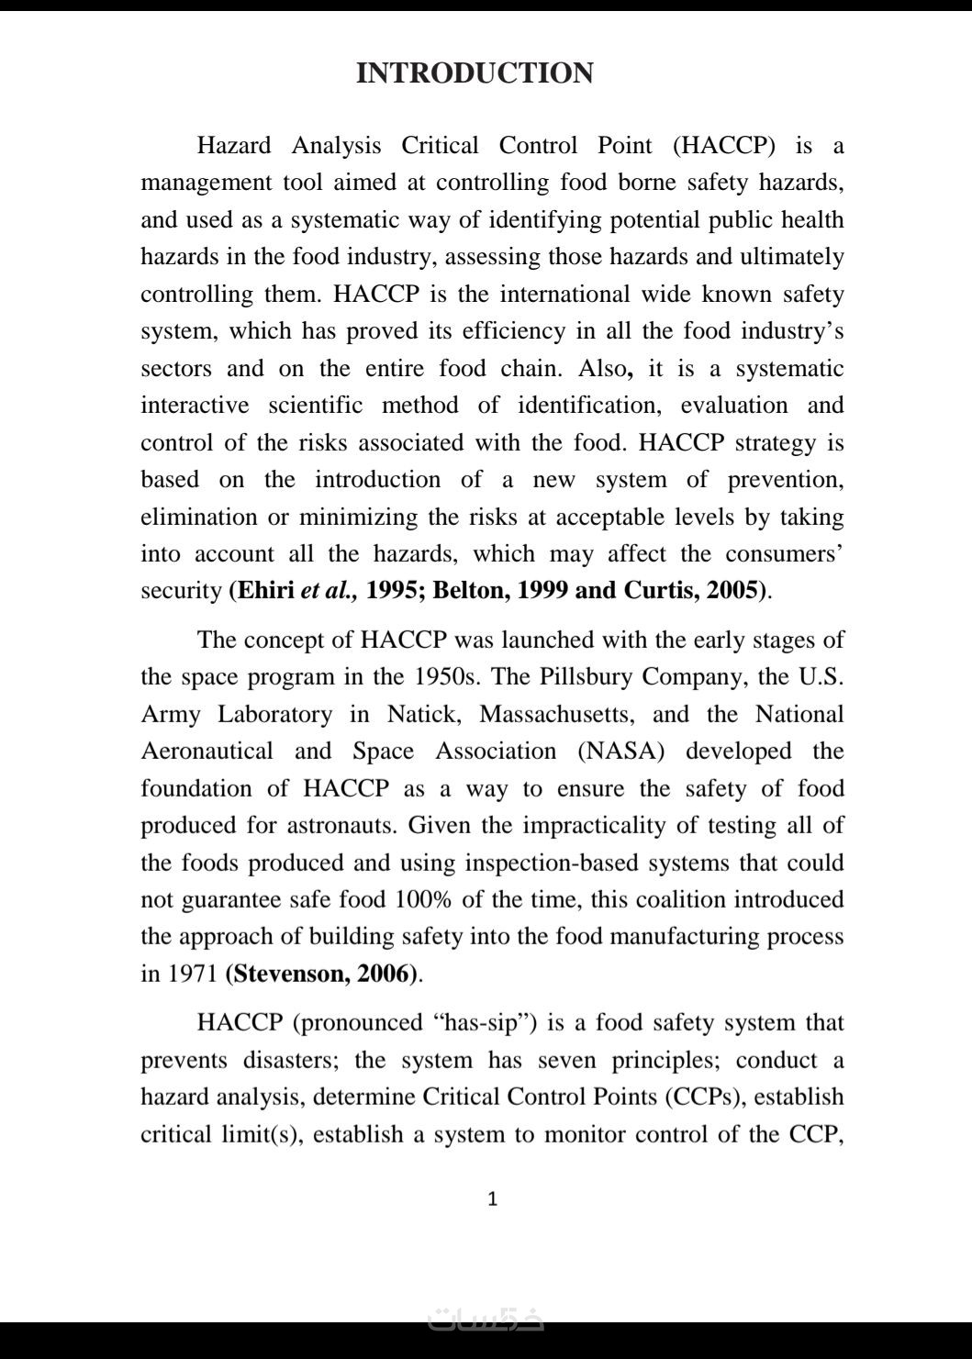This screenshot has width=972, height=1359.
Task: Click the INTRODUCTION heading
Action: click(475, 73)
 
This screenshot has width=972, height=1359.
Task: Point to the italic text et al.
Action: click(329, 590)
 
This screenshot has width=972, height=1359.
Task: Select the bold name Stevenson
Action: click(291, 974)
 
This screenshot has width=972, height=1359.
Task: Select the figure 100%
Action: click(423, 900)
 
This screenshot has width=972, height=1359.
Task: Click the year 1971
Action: click(191, 974)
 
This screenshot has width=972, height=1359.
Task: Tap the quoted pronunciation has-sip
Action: click(484, 1023)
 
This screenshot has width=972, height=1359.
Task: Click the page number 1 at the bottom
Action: click(493, 1198)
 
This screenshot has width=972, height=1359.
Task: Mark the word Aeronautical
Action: click(207, 752)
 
